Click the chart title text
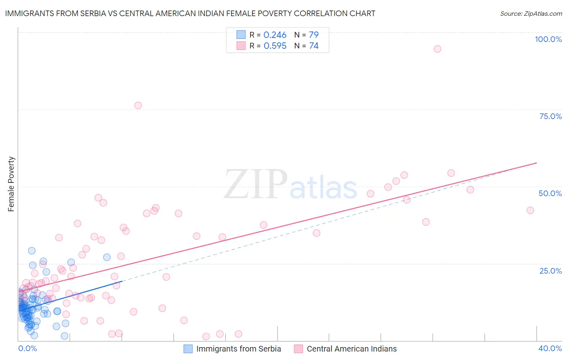(190, 13)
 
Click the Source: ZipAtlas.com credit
(531, 13)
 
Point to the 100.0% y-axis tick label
(548, 39)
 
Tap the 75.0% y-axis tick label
(550, 116)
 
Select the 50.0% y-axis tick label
(550, 193)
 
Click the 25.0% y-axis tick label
(550, 271)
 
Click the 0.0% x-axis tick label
(27, 348)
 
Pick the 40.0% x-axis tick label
(550, 348)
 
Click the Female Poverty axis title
(11, 184)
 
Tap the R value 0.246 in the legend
(275, 35)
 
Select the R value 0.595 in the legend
(275, 46)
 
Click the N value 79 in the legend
(314, 35)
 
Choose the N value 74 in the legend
(314, 46)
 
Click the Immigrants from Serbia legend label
(238, 349)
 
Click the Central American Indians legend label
(351, 349)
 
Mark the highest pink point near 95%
(438, 49)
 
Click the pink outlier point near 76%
(138, 105)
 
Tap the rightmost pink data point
(530, 210)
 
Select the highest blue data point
(31, 251)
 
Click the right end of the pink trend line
(536, 163)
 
